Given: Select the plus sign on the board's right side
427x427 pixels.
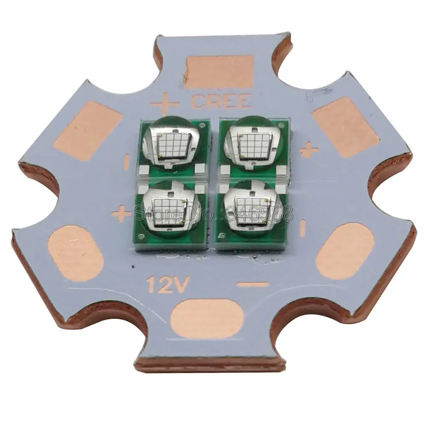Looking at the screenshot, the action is pos(309,149).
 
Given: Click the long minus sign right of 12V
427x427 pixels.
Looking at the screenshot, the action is pos(252,284).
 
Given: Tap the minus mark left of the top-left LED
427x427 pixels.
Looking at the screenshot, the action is pos(127,163).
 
